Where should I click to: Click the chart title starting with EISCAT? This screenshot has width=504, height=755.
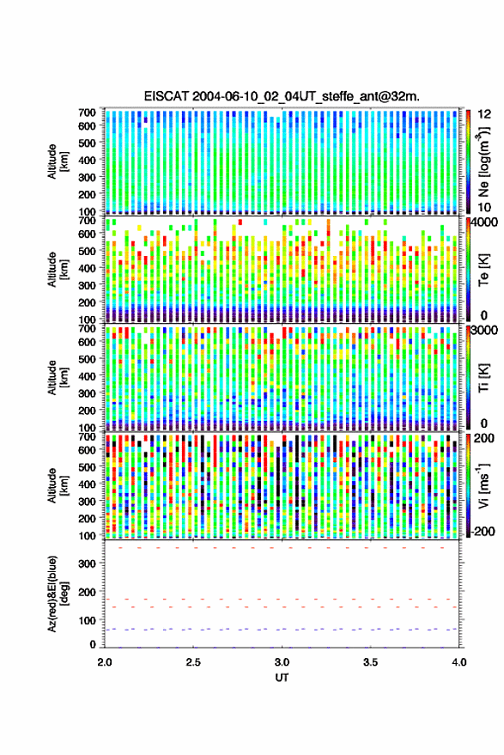[282, 96]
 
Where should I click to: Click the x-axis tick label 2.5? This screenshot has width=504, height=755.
[193, 662]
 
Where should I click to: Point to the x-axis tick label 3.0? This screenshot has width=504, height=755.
[282, 662]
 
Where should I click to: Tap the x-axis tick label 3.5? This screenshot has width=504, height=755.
[370, 662]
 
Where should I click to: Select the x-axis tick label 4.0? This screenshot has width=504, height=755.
[458, 662]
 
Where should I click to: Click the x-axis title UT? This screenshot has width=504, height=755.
[282, 678]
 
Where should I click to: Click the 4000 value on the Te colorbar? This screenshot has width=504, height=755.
[484, 223]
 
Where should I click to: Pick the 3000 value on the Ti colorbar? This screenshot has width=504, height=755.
[484, 331]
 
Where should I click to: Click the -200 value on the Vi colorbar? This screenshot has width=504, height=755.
[483, 532]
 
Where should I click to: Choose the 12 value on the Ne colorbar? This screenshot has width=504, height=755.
[483, 114]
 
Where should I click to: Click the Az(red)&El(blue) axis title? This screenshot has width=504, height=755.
[58, 594]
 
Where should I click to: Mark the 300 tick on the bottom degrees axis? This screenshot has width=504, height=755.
[87, 563]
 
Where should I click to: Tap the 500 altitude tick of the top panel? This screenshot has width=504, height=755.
[87, 143]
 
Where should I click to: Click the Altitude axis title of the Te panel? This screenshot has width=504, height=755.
[58, 270]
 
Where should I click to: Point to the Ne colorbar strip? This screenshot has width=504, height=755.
[469, 161]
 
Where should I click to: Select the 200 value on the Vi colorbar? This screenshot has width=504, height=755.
[484, 438]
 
